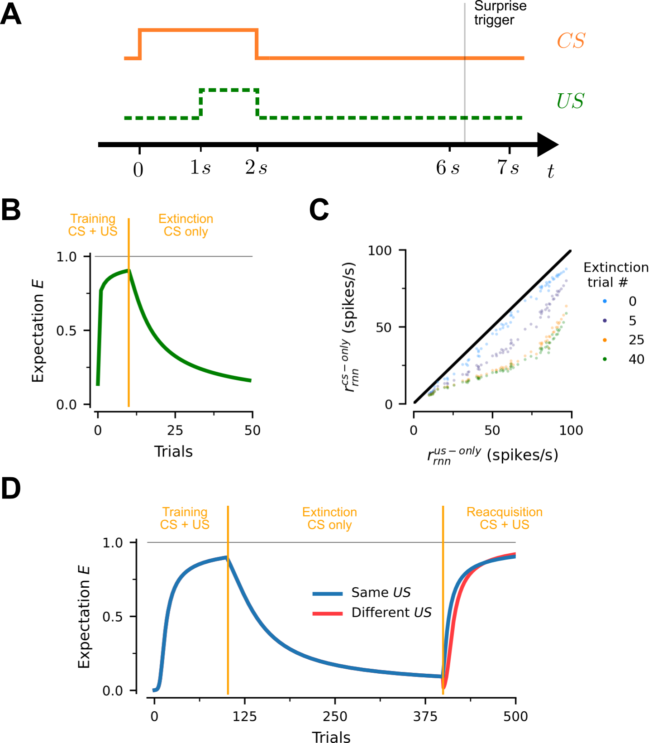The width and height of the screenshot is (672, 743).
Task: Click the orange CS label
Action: [571, 41]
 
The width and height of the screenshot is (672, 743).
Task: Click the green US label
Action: [570, 101]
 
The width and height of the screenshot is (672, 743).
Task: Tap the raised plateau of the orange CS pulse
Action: [198, 31]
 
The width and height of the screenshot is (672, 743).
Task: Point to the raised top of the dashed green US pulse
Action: [229, 90]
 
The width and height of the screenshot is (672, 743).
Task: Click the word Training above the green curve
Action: [93, 219]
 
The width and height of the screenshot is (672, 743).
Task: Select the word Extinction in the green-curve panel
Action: [186, 219]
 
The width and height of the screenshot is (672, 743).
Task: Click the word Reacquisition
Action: [504, 512]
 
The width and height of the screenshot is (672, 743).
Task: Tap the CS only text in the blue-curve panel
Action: [329, 525]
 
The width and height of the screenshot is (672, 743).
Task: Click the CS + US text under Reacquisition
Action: [504, 525]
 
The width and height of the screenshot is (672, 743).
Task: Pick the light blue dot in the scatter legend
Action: [605, 301]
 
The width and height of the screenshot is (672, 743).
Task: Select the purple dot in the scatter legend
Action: [605, 321]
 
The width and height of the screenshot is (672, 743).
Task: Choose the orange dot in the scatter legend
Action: [605, 340]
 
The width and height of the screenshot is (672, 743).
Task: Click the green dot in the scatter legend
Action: [605, 359]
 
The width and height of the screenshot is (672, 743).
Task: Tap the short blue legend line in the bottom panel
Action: [327, 594]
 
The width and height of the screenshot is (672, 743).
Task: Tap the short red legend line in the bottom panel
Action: [327, 614]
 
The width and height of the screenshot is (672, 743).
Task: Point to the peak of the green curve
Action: [129, 271]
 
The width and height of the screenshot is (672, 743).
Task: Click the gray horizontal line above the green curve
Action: [190, 257]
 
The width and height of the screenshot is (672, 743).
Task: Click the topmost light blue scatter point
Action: [566, 269]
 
